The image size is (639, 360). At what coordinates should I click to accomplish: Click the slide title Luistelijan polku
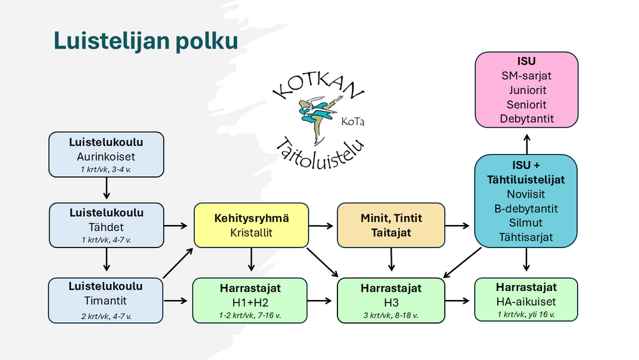tap(146, 41)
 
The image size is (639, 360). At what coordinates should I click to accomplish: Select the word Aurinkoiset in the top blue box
tap(106, 155)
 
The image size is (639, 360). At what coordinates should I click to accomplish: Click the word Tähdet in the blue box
tap(106, 226)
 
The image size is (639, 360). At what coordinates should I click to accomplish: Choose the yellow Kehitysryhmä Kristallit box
tap(251, 226)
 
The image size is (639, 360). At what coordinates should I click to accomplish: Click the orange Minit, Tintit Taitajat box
tap(389, 226)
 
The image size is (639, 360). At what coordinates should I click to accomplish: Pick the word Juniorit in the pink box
tap(527, 90)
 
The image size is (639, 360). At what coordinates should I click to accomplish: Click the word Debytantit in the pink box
tap(527, 119)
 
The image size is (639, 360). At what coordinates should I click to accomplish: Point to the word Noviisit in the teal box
tap(527, 194)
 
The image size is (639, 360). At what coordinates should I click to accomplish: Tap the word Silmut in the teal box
tap(527, 223)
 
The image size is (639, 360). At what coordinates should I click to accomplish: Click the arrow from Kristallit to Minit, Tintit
tap(322, 226)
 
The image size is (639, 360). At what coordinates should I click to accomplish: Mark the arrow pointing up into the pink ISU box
tap(527, 143)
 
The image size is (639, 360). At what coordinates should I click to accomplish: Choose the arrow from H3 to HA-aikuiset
tap(458, 299)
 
